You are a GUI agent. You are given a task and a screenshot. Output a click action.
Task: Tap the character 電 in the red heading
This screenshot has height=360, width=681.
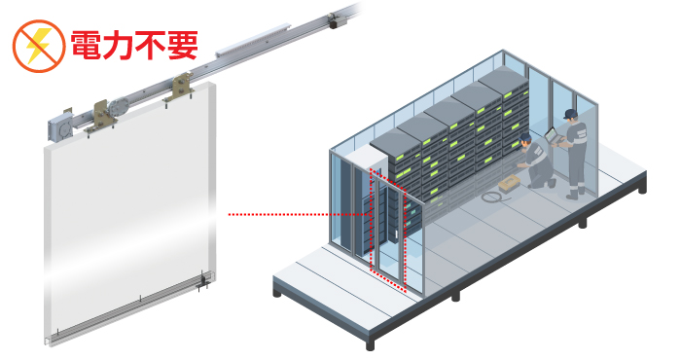pos(87,44)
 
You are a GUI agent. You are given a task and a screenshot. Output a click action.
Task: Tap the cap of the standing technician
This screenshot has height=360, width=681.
pos(572,114)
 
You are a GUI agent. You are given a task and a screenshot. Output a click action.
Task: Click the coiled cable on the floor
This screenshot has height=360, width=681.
pos(490,197)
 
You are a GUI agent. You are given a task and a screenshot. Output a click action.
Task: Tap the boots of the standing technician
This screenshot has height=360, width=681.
pos(575,194)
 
